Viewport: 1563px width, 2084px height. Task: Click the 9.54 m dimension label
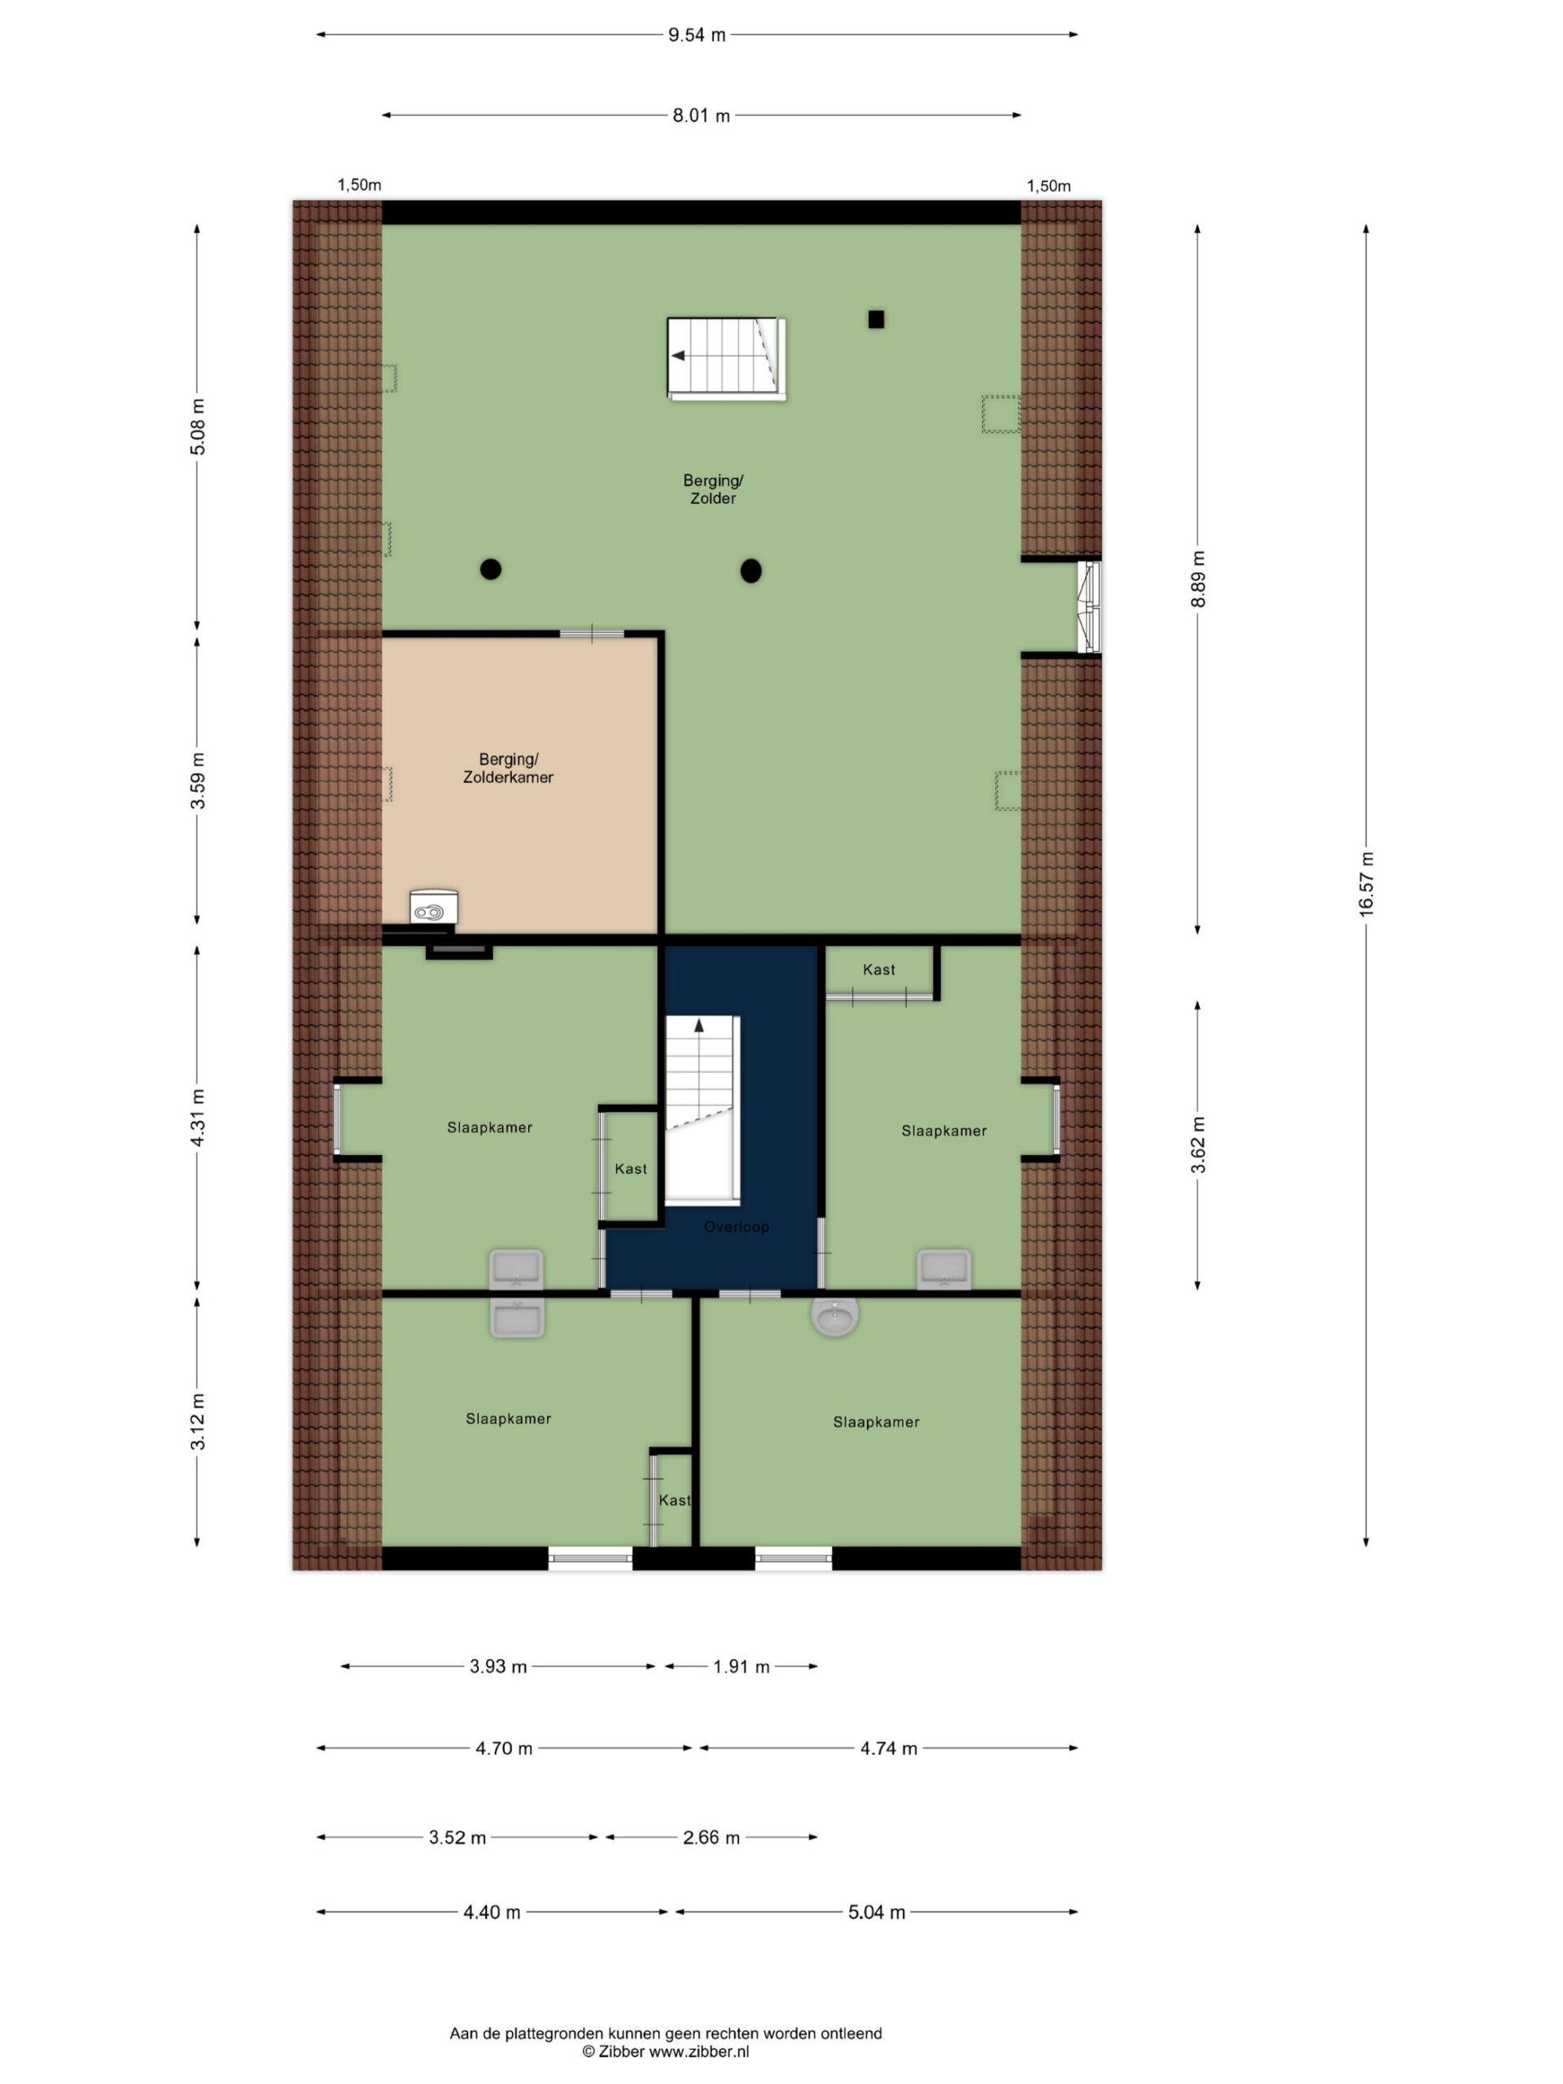pyautogui.click(x=696, y=36)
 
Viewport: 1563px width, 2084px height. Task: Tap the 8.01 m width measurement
pyautogui.click(x=701, y=116)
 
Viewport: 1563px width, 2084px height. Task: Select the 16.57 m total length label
pyautogui.click(x=1366, y=882)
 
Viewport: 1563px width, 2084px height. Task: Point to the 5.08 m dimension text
pyautogui.click(x=197, y=427)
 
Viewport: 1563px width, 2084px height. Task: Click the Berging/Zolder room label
pyautogui.click(x=713, y=489)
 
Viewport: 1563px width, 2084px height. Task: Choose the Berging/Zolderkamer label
pyautogui.click(x=508, y=768)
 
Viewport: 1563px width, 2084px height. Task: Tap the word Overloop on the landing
pyautogui.click(x=737, y=1227)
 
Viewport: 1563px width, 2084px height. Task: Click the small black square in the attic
pyautogui.click(x=876, y=319)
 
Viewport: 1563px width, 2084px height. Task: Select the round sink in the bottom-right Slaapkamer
pyautogui.click(x=834, y=1317)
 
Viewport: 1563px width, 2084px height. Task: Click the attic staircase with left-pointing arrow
pyautogui.click(x=726, y=359)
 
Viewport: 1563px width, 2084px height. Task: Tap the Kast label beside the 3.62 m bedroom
pyautogui.click(x=879, y=970)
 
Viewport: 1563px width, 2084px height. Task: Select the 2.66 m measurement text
pyautogui.click(x=711, y=1837)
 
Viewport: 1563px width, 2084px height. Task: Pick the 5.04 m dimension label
pyautogui.click(x=876, y=1912)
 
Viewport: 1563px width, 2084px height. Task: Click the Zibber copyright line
pyautogui.click(x=666, y=2051)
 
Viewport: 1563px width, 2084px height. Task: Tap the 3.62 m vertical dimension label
pyautogui.click(x=1197, y=1145)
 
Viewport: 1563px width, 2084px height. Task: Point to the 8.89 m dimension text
pyautogui.click(x=1197, y=579)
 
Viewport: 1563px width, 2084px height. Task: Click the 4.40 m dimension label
pyautogui.click(x=492, y=1912)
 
